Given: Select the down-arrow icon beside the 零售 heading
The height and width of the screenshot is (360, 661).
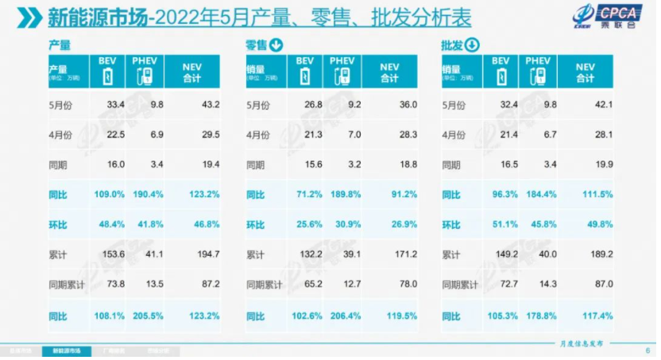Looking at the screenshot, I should [276, 45].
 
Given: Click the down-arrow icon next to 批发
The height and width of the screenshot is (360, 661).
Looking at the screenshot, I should [471, 45].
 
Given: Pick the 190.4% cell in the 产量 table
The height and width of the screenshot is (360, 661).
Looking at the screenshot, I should [145, 194].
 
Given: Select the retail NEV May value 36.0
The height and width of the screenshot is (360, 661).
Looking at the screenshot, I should [406, 104].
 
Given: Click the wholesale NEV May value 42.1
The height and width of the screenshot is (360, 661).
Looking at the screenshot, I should [603, 104].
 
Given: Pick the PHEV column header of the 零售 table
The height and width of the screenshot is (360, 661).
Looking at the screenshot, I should [342, 71].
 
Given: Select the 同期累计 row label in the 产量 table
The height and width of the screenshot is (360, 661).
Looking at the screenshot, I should [66, 285].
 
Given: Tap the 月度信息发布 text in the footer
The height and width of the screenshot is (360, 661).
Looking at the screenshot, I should [581, 343].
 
